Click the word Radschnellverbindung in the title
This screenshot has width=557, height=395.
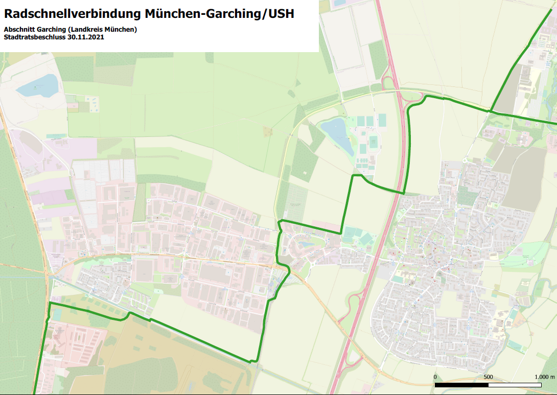click(71, 14)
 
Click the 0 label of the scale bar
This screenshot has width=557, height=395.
click(435, 377)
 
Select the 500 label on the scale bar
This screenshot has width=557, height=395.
click(488, 377)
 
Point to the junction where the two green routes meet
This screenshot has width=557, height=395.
click(490, 110)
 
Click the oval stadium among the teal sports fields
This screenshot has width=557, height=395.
click(374, 141)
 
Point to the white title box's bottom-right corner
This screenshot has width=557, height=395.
click(318, 51)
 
